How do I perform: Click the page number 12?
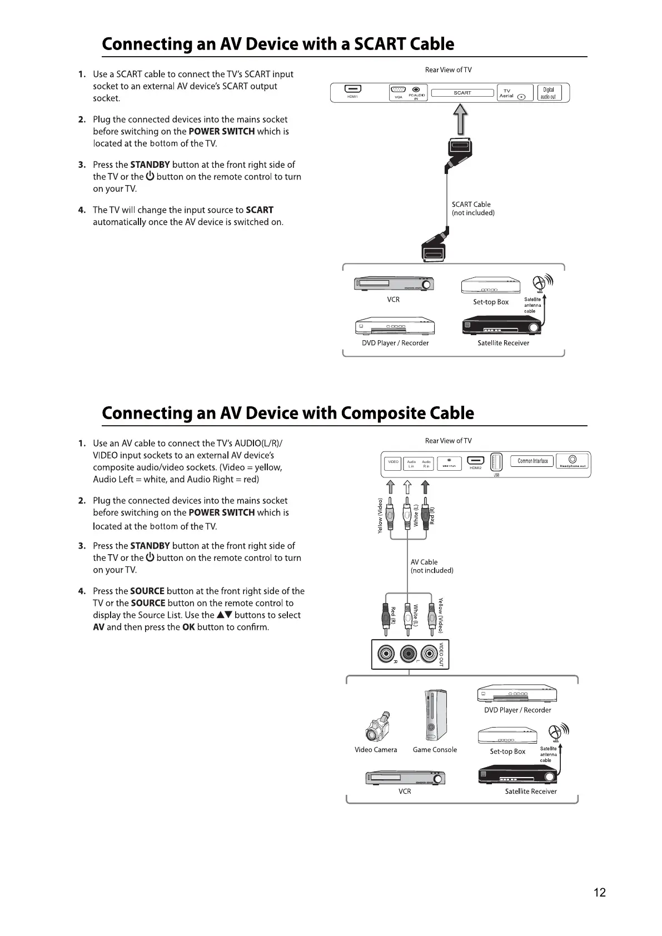[x=599, y=893]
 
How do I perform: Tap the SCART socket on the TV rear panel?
[x=462, y=93]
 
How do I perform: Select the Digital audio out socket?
[x=548, y=93]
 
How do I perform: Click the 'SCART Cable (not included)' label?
[x=473, y=208]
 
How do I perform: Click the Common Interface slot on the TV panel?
[x=532, y=461]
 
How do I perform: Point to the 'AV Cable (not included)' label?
[x=431, y=566]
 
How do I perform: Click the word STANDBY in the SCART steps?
[x=150, y=165]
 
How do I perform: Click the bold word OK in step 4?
[x=188, y=628]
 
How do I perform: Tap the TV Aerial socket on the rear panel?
[x=514, y=93]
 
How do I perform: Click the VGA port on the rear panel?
[x=398, y=90]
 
